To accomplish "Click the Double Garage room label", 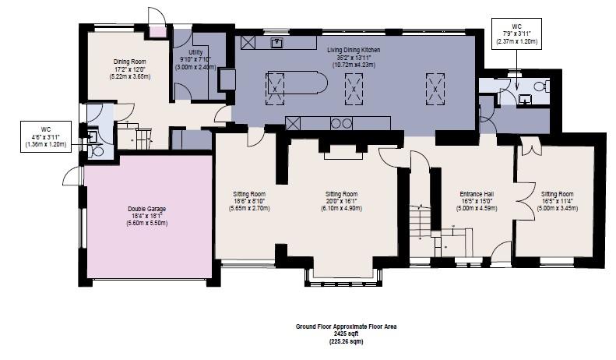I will tap(146, 209).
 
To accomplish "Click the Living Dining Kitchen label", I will tap(354, 48).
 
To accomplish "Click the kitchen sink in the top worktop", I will tap(276, 43).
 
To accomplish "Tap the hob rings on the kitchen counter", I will tap(341, 122).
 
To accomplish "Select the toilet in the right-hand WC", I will tap(543, 87).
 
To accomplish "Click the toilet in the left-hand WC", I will tap(97, 151).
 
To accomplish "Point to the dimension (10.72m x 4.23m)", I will tap(354, 65).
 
